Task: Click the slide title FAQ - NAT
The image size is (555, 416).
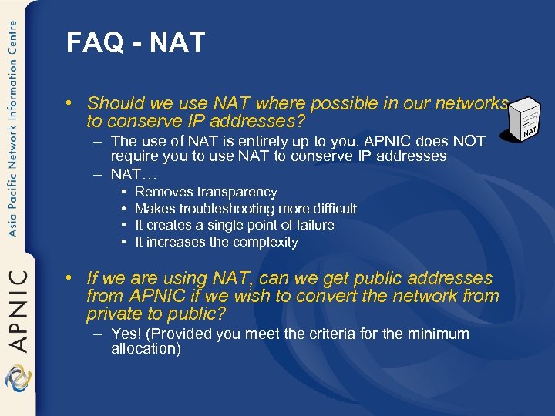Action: [x=136, y=42]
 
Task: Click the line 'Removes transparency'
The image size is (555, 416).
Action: [x=206, y=192]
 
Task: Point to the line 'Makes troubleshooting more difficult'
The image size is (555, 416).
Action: [x=245, y=209]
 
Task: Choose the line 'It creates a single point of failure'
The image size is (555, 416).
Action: [x=234, y=225]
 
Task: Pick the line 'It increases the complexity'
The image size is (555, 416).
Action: [x=216, y=242]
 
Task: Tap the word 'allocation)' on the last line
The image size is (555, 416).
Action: [x=146, y=349]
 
